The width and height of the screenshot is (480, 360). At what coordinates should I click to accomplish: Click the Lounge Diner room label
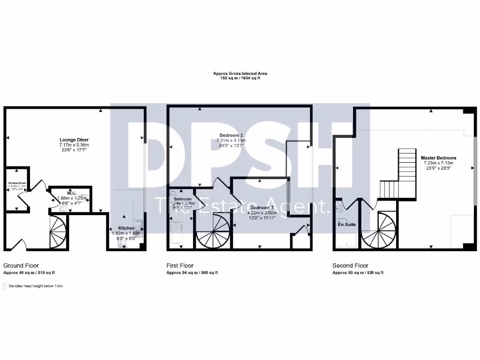74,140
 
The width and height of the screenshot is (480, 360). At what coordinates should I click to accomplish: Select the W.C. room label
72,193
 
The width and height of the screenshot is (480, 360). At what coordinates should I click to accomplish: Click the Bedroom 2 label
232,135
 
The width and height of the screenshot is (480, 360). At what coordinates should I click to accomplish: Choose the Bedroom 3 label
262,208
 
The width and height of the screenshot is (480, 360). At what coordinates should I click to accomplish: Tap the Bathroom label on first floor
183,199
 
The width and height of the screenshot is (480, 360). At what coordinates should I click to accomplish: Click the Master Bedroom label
438,158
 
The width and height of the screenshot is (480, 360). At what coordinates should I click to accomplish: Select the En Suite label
346,225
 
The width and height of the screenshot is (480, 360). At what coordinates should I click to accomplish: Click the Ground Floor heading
21,265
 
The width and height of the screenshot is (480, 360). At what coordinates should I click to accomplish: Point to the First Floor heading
180,265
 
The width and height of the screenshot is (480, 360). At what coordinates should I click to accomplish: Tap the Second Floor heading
350,265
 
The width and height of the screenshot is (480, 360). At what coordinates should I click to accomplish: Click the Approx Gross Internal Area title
240,74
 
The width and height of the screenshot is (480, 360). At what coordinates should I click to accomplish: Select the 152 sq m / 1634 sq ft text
240,78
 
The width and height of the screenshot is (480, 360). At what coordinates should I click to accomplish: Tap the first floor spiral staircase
212,232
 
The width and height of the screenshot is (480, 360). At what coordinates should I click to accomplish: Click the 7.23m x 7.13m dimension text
438,163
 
